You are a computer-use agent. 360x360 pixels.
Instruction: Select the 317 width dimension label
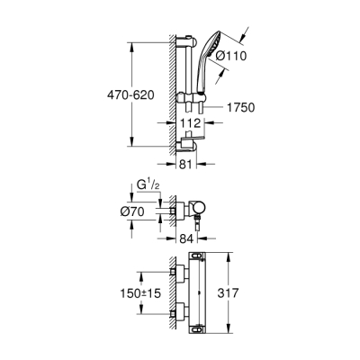click(255, 292)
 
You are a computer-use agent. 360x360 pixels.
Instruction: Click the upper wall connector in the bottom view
click(178, 271)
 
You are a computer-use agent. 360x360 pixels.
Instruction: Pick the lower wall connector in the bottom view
click(178, 314)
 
